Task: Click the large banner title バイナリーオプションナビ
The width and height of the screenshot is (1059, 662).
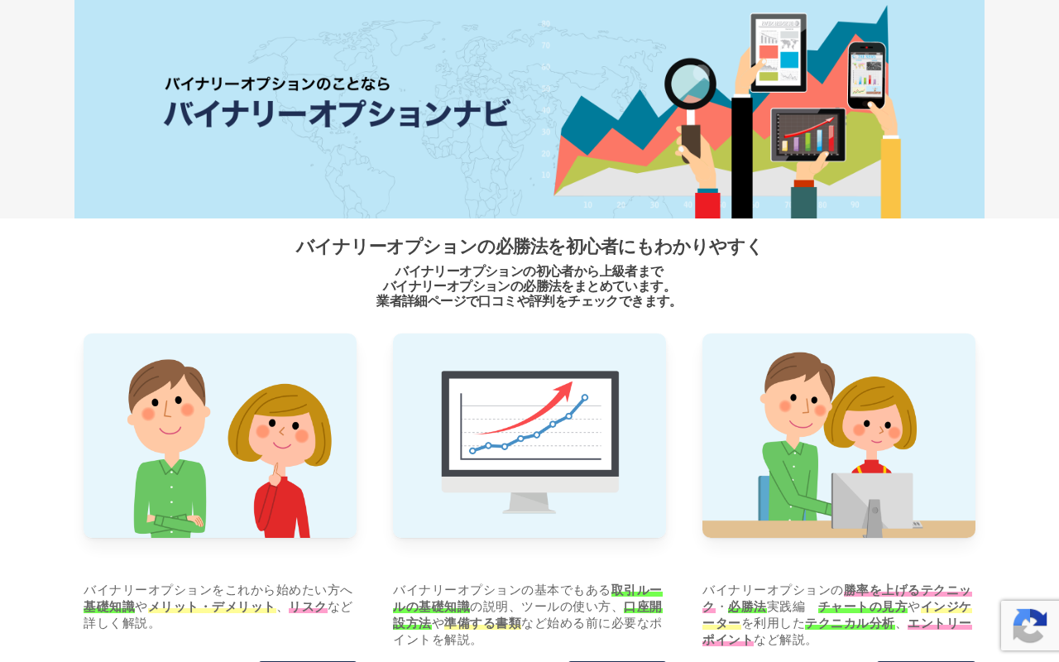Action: point(337,113)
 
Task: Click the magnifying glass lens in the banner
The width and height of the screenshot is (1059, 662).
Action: point(690,84)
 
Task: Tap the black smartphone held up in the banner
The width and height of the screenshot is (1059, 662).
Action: point(866,75)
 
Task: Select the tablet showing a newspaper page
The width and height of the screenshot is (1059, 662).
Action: point(779,52)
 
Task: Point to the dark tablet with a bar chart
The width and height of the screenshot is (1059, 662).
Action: point(808,135)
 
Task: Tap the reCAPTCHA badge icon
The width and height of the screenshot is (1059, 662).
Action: point(1030,625)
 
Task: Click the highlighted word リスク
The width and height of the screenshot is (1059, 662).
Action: point(308,607)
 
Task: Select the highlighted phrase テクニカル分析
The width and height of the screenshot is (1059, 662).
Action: point(850,623)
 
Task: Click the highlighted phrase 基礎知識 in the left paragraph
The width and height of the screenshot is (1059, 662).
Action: point(109,607)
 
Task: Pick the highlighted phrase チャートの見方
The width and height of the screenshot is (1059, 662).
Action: point(863,607)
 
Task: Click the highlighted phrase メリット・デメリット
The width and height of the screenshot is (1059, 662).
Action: point(212,607)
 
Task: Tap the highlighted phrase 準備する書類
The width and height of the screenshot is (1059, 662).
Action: point(482,623)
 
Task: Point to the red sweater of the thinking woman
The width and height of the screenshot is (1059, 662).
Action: point(282,507)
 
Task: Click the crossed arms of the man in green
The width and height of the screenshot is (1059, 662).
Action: point(173,522)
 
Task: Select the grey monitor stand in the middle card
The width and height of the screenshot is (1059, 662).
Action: point(529,503)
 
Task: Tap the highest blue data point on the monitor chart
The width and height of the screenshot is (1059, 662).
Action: point(585,398)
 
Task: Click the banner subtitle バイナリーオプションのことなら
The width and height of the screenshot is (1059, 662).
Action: point(277,84)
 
